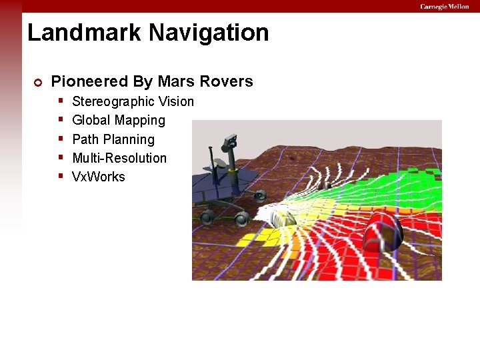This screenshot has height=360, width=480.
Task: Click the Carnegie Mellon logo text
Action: point(444,7)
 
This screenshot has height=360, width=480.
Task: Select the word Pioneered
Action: point(89,82)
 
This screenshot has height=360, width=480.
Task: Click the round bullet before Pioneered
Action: point(38,83)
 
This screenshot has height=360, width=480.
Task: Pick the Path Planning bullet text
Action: point(113,139)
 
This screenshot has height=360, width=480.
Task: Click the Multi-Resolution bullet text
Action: point(119,158)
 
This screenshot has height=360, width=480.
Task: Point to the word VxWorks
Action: point(98,177)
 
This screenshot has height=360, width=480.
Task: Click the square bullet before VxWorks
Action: point(61,177)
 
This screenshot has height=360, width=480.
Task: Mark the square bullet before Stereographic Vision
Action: point(61,101)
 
